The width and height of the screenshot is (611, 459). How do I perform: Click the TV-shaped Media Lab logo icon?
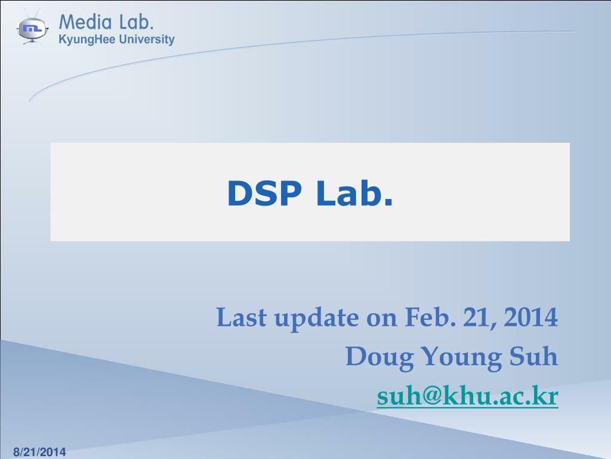(x=33, y=28)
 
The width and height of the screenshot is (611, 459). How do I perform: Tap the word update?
(x=316, y=319)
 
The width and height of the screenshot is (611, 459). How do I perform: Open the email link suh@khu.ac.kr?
(x=468, y=397)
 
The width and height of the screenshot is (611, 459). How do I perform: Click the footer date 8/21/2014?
(x=40, y=452)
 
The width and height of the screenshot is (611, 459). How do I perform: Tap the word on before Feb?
(x=381, y=320)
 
